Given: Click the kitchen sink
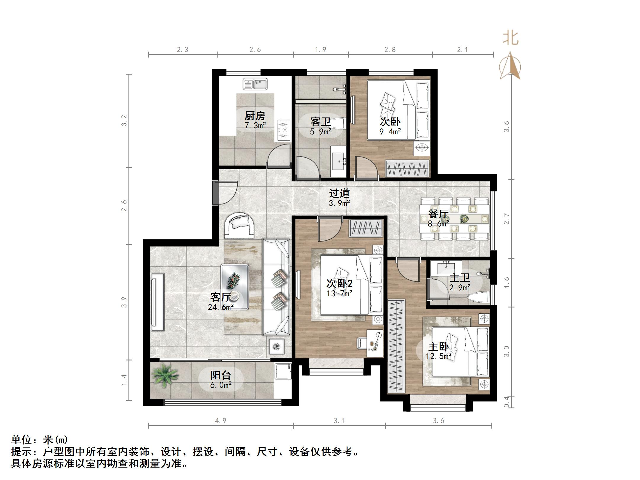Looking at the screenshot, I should (255, 84).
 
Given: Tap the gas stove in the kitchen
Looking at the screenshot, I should (284, 130).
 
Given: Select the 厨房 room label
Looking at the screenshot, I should (255, 115).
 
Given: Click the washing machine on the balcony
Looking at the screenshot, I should (283, 371).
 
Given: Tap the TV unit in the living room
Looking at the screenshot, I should (157, 302).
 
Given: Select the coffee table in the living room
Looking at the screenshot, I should (234, 287).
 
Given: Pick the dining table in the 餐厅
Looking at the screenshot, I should (454, 219).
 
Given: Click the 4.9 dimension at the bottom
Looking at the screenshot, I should (221, 421).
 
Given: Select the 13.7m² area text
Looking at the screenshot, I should (339, 294).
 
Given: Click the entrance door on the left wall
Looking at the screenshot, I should (215, 192).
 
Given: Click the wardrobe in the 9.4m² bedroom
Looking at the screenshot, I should (407, 169).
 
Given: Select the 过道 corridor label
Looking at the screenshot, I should (339, 193).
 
